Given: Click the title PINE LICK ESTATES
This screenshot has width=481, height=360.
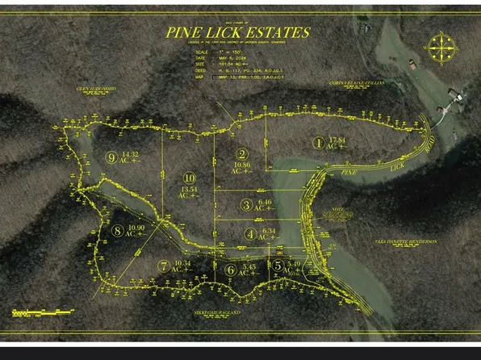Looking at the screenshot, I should (x=237, y=32).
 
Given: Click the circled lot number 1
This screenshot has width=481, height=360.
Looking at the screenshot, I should (x=319, y=142).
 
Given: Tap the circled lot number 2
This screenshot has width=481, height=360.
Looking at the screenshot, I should (x=241, y=154).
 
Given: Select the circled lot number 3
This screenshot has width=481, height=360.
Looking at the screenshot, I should (x=245, y=205).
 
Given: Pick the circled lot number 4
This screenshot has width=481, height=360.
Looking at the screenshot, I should (x=250, y=235).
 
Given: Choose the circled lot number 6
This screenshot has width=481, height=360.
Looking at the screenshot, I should (x=231, y=270).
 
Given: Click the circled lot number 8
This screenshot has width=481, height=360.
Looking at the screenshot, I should (x=118, y=231).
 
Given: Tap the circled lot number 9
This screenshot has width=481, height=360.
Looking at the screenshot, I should (x=111, y=157).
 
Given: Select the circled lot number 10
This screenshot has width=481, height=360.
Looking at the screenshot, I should (x=189, y=178).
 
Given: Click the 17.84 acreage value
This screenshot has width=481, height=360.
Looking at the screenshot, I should (x=337, y=140).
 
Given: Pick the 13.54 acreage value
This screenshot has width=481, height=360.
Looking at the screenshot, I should (x=189, y=190).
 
